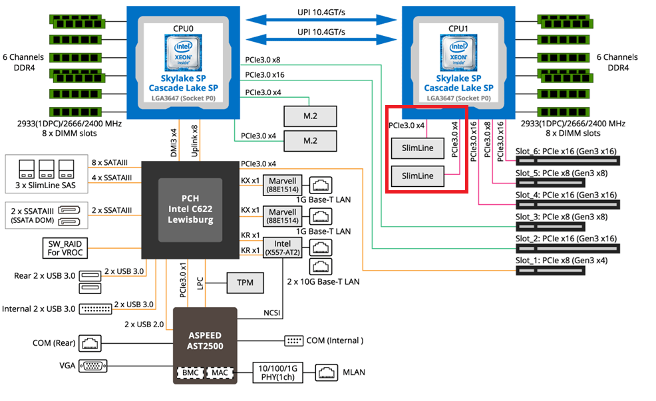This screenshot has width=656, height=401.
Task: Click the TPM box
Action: coord(244,283)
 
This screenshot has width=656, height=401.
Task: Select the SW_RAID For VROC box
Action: coord(65,247)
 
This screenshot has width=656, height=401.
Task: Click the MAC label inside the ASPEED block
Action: coord(219,372)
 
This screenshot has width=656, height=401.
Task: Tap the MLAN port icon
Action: coord(327,372)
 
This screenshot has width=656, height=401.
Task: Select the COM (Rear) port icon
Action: coord(88,343)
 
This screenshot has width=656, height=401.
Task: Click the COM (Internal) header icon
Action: coord(293,340)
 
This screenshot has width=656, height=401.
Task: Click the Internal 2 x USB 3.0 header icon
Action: coord(96,309)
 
